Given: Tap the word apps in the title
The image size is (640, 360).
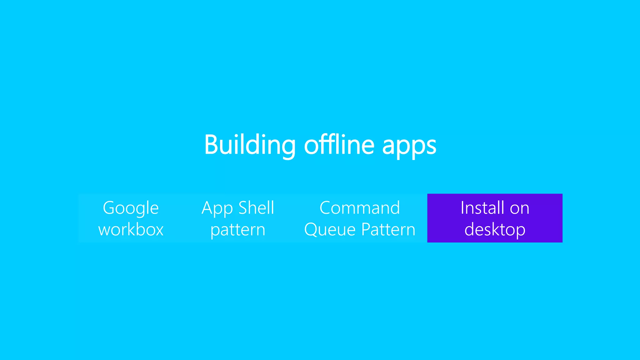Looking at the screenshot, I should (409, 146).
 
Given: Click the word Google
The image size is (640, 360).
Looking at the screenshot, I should (131, 208).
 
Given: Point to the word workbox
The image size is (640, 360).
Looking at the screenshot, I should (131, 230).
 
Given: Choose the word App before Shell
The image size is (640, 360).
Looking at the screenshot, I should (217, 208).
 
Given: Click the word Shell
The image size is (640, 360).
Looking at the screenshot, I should (256, 208).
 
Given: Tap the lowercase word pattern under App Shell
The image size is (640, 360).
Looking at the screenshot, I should (238, 230).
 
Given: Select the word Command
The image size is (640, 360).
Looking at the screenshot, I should (360, 208).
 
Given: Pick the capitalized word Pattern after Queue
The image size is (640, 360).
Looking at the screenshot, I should (388, 230).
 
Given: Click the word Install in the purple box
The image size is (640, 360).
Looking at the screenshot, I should (482, 208).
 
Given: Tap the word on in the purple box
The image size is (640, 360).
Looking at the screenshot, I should (520, 208).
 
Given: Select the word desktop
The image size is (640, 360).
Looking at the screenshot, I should (495, 230).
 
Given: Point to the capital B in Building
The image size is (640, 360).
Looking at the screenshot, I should (211, 145).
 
